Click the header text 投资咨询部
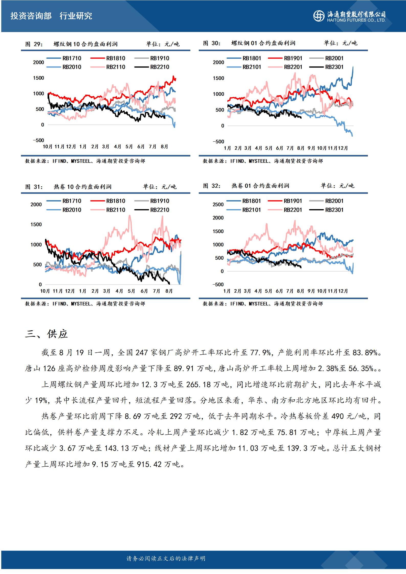(31, 16)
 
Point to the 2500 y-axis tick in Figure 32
(218, 205)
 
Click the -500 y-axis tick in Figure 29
(38, 140)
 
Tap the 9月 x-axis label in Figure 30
(311, 148)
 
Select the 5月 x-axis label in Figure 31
(131, 291)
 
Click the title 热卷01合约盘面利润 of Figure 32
(260, 186)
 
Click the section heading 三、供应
(46, 334)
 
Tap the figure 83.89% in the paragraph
(365, 353)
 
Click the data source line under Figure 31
(85, 304)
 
